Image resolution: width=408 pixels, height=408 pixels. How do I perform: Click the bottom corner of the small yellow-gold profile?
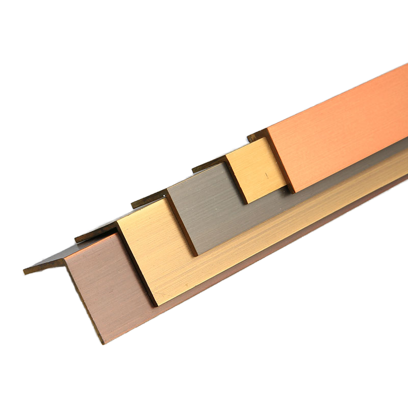click(247, 203)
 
